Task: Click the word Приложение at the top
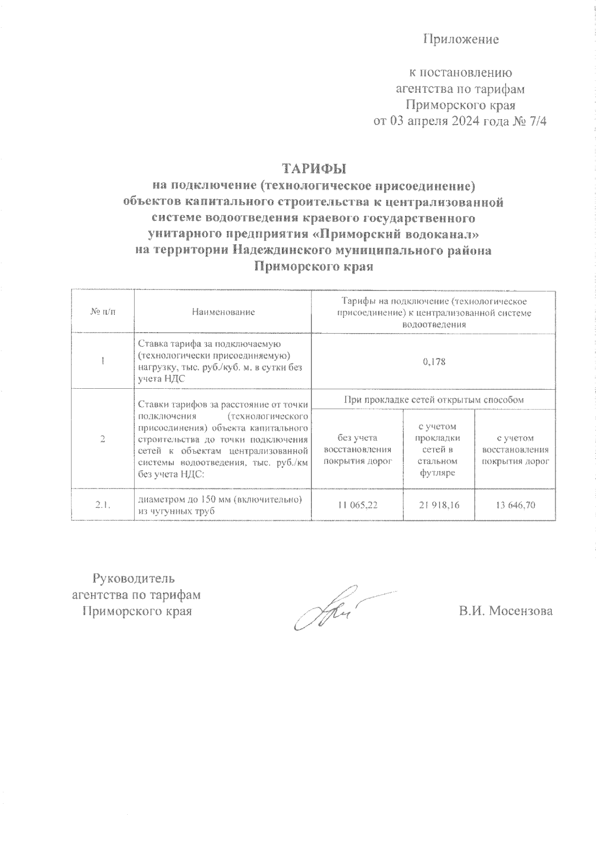pos(461,40)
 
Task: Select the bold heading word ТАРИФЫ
pos(314,168)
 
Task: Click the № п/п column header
pos(102,312)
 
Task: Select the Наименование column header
pos(223,312)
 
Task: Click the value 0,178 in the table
pos(434,361)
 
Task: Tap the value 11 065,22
pos(357,505)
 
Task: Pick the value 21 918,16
pos(439,505)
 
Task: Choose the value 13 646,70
pos(515,505)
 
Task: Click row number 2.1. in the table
pos(102,505)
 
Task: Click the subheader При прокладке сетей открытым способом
pos(434,399)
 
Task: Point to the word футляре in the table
pos(438,473)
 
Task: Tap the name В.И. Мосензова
pos(505,611)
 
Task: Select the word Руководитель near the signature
pos(134,578)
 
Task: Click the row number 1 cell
pos(102,361)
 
